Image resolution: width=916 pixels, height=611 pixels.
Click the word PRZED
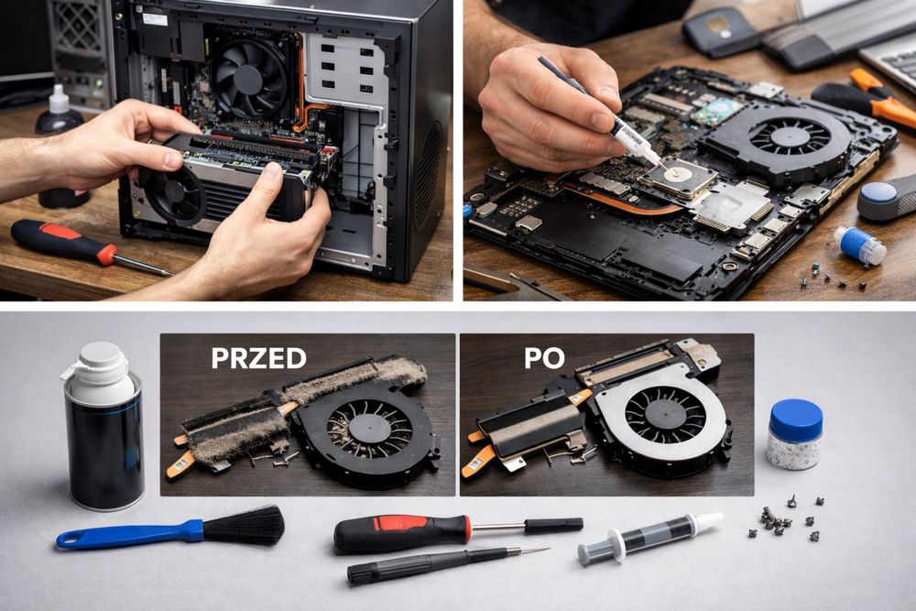pos(259,358)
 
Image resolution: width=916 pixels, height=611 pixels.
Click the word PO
pos(544,358)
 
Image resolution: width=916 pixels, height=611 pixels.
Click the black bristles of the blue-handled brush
pos(245,525)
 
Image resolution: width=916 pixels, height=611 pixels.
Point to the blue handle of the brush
pos(128,534)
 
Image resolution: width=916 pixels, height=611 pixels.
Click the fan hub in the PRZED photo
pos(369,428)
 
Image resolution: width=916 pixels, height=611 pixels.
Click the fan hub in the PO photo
pos(664,415)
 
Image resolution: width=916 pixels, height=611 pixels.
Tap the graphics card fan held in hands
pos(173,192)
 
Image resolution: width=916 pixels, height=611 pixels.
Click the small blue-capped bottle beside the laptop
pos(859,245)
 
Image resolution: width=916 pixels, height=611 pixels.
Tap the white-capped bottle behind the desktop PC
pos(59,111)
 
